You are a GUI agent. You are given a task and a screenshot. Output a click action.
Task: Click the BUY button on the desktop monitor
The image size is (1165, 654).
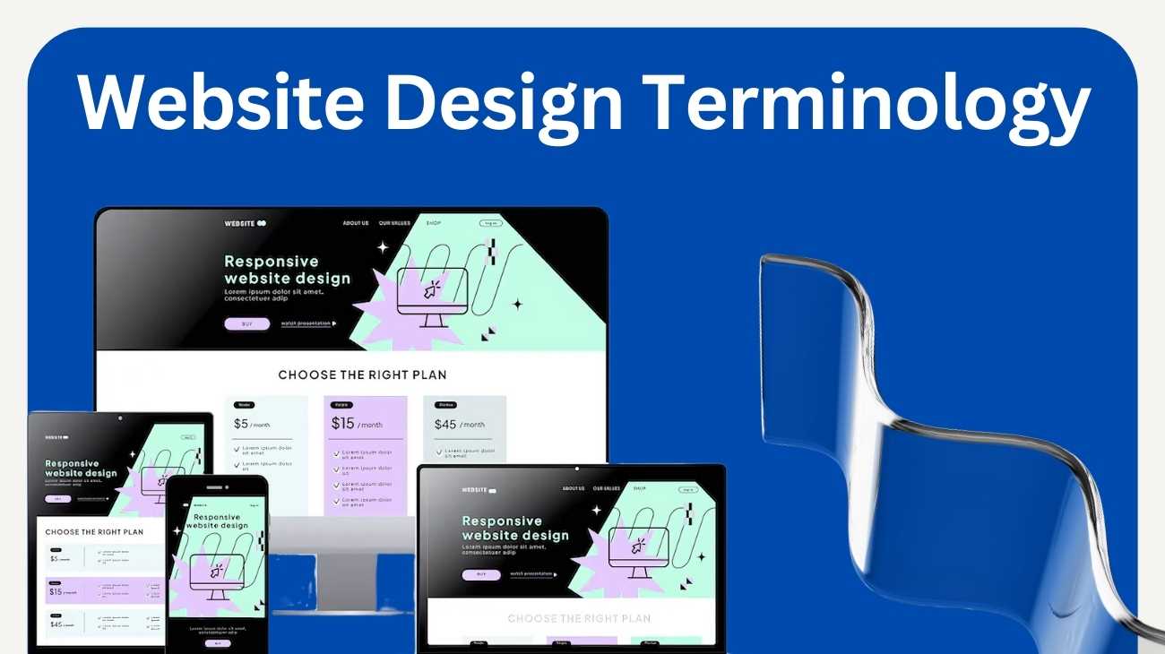pyautogui.click(x=246, y=324)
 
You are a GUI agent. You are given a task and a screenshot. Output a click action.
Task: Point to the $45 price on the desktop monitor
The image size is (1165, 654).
pyautogui.click(x=445, y=424)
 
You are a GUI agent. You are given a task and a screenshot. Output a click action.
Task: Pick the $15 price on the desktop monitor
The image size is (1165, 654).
pyautogui.click(x=342, y=424)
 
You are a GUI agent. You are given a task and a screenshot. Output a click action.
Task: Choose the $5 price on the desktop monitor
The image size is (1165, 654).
pyautogui.click(x=241, y=424)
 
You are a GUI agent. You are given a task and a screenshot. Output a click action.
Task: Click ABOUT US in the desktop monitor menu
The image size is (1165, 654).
pyautogui.click(x=355, y=223)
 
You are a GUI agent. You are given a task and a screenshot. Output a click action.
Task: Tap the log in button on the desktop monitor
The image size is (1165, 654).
pyautogui.click(x=490, y=223)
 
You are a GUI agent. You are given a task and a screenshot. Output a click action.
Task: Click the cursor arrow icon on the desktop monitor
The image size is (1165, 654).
pyautogui.click(x=433, y=288)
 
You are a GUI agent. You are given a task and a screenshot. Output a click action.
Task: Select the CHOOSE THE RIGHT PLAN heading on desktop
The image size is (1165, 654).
pyautogui.click(x=362, y=374)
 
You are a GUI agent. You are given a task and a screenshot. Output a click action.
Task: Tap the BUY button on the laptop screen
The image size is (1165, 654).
pyautogui.click(x=481, y=575)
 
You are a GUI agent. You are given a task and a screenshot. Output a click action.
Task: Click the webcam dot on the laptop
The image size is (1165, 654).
pyautogui.click(x=576, y=469)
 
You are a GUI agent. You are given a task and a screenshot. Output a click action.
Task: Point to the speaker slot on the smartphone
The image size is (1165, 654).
pyautogui.click(x=216, y=487)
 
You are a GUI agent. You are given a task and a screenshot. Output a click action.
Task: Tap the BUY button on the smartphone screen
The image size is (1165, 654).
pyautogui.click(x=216, y=643)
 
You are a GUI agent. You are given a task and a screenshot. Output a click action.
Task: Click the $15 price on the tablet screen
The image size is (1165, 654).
pyautogui.click(x=56, y=591)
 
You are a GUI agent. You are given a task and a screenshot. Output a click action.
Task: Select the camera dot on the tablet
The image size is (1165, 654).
pyautogui.click(x=119, y=417)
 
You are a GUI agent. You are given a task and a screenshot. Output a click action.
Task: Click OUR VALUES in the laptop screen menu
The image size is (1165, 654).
pyautogui.click(x=606, y=489)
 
